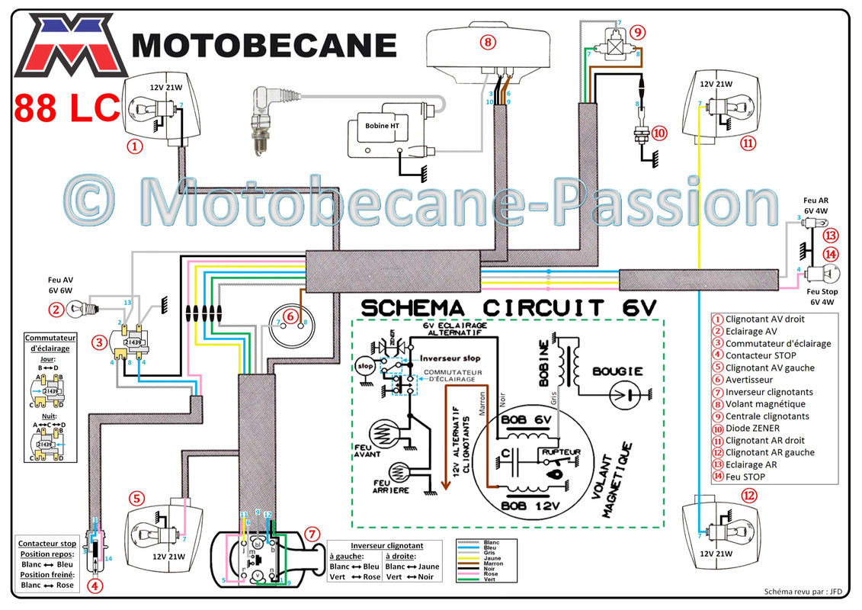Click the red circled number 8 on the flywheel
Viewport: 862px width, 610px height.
(488, 43)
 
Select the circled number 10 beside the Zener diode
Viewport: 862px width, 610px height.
(659, 133)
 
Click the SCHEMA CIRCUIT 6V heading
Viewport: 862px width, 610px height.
(509, 308)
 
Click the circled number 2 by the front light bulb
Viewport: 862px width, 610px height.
(55, 310)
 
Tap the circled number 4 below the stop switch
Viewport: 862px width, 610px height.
(95, 586)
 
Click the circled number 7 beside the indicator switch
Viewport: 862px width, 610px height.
(312, 533)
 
